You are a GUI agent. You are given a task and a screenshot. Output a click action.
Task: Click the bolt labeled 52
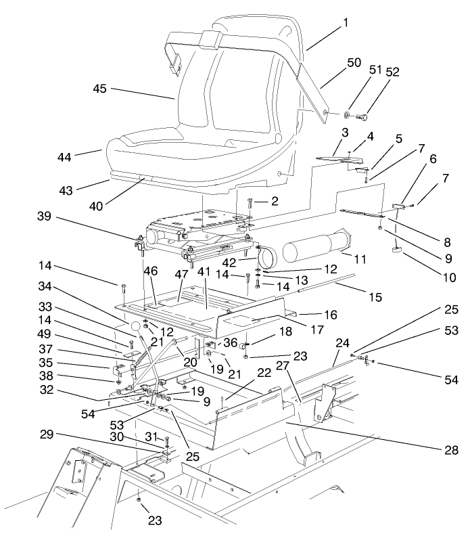364,118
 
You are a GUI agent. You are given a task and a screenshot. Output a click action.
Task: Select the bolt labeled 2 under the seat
250,202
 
